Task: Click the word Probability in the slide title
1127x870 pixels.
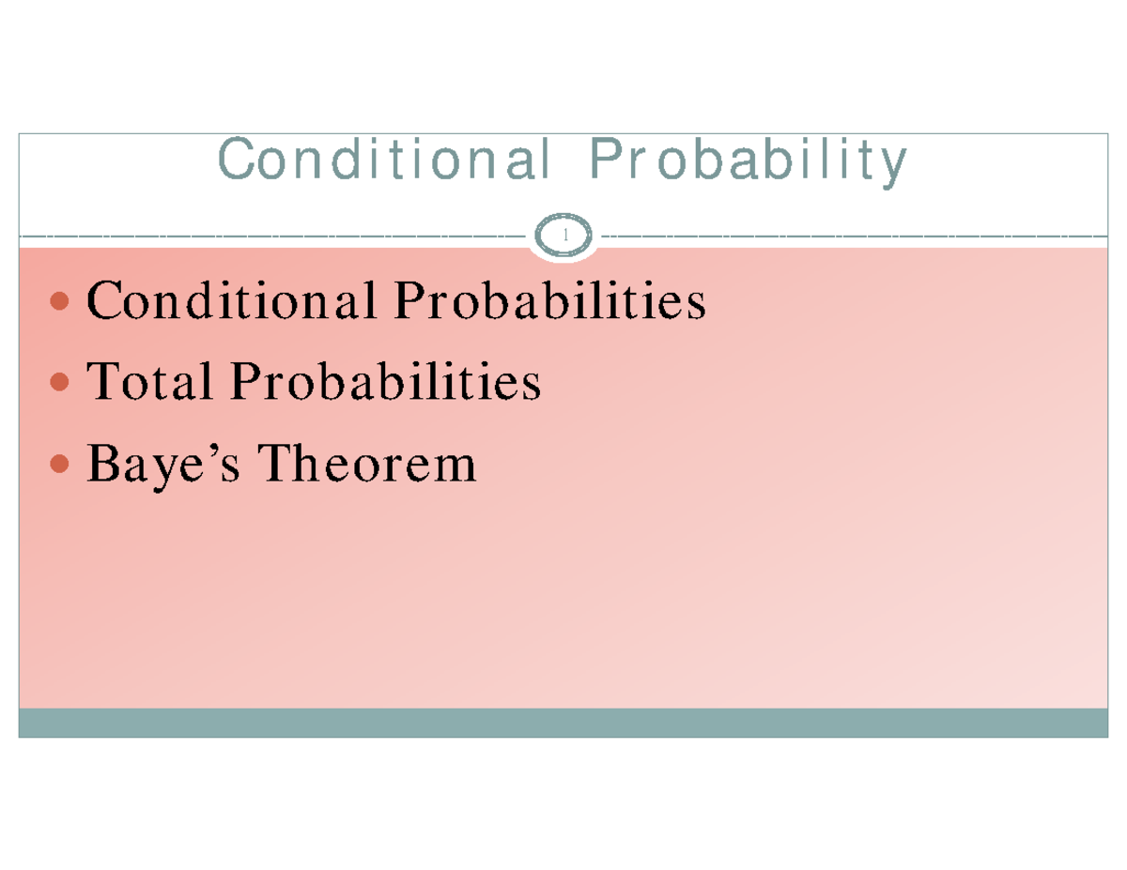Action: coord(748,161)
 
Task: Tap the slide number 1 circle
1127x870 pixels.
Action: coord(564,236)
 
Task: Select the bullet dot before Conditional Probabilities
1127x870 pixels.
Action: coord(58,302)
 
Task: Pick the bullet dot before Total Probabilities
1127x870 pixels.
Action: coord(58,382)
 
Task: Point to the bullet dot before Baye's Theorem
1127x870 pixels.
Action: coord(58,463)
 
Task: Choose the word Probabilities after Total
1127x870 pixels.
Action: coord(385,382)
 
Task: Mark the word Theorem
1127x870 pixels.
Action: coord(367,463)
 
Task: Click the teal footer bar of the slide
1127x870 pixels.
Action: coord(563,723)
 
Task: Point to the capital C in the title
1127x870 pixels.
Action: coord(234,161)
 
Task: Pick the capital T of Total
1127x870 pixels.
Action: coord(101,382)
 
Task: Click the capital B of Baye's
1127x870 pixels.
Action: coord(101,463)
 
